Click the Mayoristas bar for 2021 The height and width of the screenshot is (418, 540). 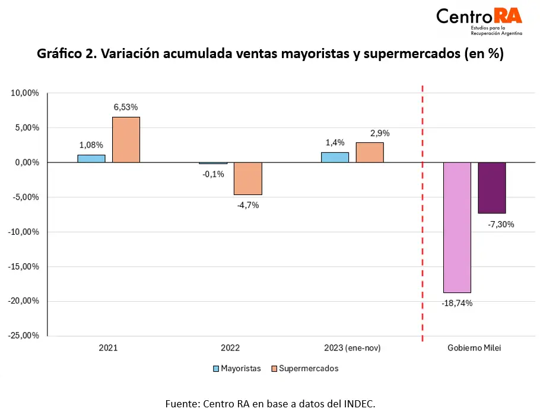click(x=91, y=159)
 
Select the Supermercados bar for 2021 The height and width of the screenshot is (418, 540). click(x=126, y=140)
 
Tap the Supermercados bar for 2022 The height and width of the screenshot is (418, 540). click(x=247, y=178)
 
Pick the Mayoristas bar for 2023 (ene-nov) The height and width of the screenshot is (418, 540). click(x=335, y=157)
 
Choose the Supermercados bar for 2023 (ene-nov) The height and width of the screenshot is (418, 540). click(x=370, y=152)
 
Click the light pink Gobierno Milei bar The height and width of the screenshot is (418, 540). click(x=457, y=227)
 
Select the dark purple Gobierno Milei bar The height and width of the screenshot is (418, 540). click(x=492, y=187)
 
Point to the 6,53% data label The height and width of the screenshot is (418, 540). click(x=126, y=107)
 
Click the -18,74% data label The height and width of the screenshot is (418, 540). click(x=457, y=303)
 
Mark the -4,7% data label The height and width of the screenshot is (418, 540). click(x=247, y=205)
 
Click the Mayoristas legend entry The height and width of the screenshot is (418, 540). click(x=237, y=368)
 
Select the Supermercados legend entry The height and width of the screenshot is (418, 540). click(x=304, y=368)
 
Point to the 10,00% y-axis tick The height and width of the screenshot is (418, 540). click(x=24, y=93)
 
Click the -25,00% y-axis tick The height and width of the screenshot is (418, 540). click(x=23, y=336)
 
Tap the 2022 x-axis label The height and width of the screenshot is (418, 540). click(x=230, y=348)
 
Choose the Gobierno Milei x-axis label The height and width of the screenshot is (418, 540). click(x=474, y=348)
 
